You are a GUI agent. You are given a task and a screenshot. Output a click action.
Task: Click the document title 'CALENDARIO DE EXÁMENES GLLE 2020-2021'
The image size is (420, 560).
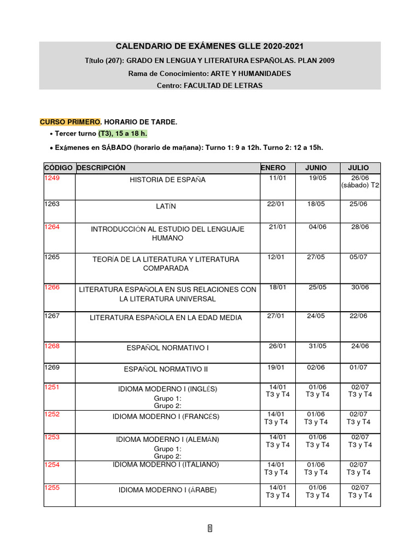pos(209,47)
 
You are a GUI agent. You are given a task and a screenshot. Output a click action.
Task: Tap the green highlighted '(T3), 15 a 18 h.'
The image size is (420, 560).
pos(123,133)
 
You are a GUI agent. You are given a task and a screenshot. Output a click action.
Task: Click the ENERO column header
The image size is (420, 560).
pos(273,168)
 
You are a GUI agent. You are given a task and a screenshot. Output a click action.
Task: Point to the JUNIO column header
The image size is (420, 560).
pos(316,168)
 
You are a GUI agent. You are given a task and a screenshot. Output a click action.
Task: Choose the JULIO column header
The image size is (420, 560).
pos(359,168)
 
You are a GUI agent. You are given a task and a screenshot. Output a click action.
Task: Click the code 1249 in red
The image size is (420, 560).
pos(52,178)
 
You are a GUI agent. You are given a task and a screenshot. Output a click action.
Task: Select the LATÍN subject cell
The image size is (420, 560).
pos(167,206)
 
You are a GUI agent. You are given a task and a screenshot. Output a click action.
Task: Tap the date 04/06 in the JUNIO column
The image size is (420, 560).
pos(317,227)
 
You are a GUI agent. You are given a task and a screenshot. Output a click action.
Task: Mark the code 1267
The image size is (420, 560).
pos(52,316)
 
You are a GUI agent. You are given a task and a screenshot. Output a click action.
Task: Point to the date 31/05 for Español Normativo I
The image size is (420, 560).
pos(317,346)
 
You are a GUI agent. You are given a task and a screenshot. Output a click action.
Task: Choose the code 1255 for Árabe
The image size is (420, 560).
pos(52,487)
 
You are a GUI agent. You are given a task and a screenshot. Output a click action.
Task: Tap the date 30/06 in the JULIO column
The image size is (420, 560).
pos(360,287)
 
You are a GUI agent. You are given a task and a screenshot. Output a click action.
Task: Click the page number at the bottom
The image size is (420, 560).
pos(210,528)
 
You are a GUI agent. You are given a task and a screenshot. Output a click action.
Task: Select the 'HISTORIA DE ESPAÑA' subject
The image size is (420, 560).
pos(167,180)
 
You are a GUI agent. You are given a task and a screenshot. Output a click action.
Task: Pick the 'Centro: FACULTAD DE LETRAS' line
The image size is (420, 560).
pos(209,85)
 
